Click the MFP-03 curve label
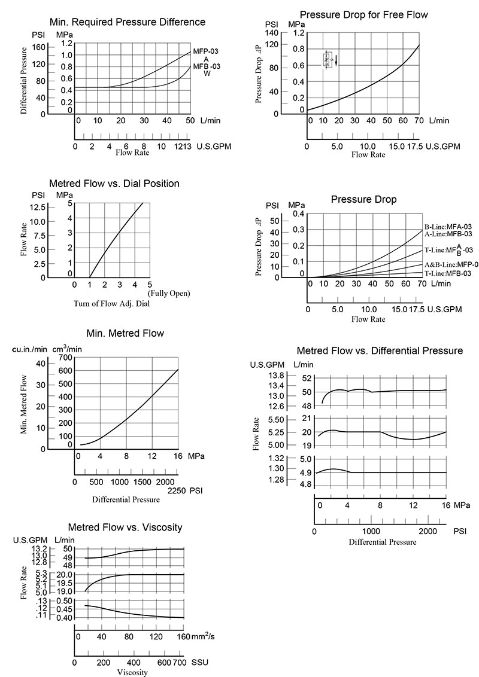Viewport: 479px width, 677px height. (205, 51)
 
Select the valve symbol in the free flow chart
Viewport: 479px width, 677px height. (328, 60)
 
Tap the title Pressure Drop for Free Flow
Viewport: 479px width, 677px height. (363, 14)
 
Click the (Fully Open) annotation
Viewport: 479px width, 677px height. (168, 293)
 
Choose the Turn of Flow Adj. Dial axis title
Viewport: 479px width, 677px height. (111, 303)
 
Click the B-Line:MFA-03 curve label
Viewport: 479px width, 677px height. (448, 227)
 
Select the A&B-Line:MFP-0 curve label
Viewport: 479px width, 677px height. (448, 264)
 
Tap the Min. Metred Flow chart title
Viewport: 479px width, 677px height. (125, 333)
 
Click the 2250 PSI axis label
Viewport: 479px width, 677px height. (177, 490)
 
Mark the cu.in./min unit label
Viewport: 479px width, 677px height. (30, 348)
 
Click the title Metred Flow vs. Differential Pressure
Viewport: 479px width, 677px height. (380, 350)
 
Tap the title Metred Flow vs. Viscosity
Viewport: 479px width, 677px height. (125, 527)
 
